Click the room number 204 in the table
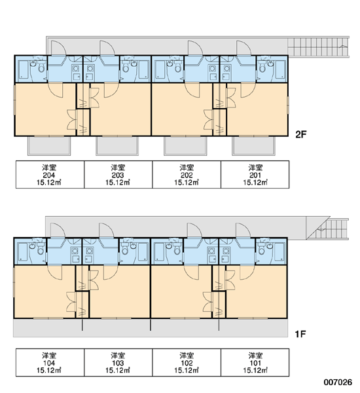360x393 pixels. [x=49, y=175]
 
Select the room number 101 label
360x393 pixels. [x=255, y=363]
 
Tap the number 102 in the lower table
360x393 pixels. [x=187, y=363]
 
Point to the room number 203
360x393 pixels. [x=118, y=175]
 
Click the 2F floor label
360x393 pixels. [x=301, y=134]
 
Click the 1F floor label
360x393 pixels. [x=300, y=334]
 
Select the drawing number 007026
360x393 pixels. [x=338, y=383]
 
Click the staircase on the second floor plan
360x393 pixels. [x=318, y=47]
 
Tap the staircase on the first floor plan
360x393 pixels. [x=327, y=229]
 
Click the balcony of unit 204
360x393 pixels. [x=49, y=145]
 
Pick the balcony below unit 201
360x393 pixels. [x=253, y=145]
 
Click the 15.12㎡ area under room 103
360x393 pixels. [x=118, y=370]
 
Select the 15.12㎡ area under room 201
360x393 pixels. [x=255, y=182]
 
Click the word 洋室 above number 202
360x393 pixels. [x=187, y=168]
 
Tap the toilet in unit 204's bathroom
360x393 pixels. [x=41, y=68]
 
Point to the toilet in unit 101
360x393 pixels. [x=262, y=250]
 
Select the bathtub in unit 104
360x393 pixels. [x=24, y=252]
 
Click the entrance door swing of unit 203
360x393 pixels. [x=107, y=48]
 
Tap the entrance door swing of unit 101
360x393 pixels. [x=243, y=230]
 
